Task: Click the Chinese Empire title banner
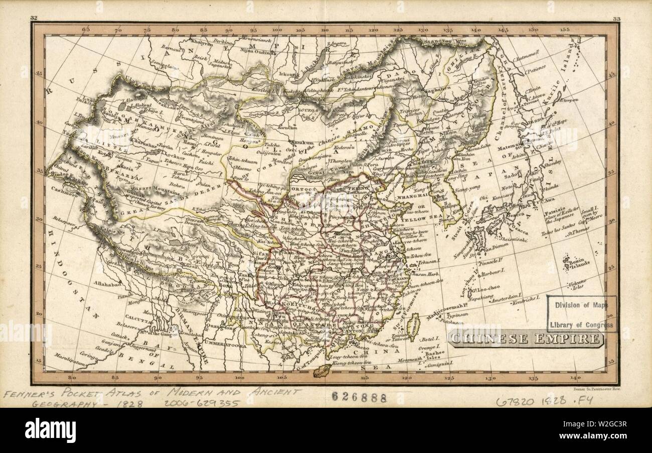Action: [x=526, y=339]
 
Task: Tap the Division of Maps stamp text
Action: [x=581, y=304]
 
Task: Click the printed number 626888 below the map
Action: [x=359, y=398]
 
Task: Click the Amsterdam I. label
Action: [x=508, y=301]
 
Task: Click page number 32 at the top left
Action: [x=34, y=18]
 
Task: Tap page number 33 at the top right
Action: [x=616, y=19]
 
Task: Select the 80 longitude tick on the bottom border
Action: [x=72, y=378]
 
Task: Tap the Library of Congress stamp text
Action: [x=581, y=325]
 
